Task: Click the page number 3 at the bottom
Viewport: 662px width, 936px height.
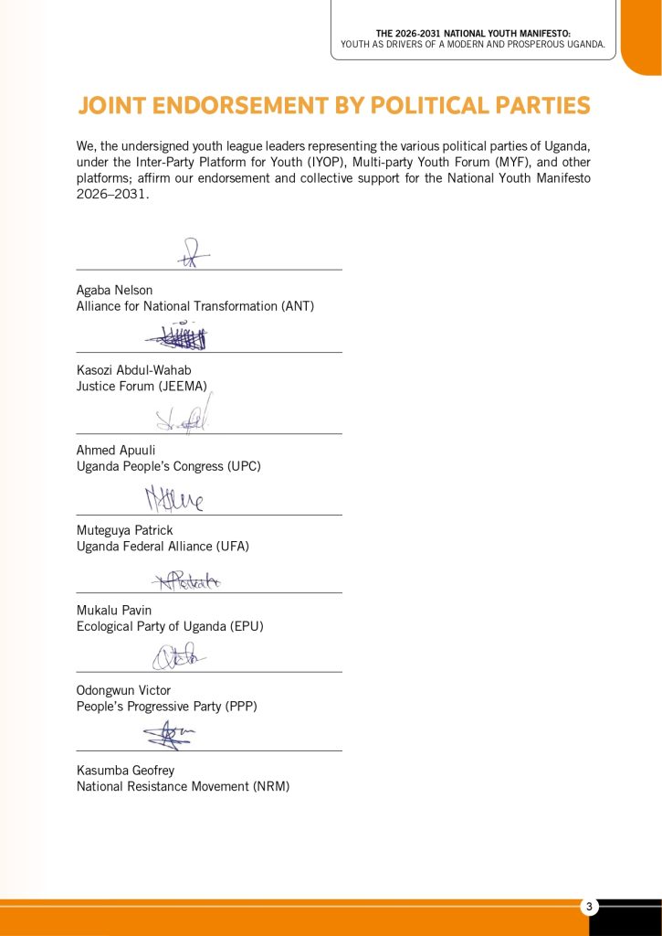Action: (590, 907)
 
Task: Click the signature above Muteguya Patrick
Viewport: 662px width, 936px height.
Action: (173, 499)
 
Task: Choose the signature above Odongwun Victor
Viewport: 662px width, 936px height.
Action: (178, 656)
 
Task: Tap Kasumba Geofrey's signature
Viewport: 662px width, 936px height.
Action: (168, 734)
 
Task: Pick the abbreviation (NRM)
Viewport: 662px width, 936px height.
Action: (271, 786)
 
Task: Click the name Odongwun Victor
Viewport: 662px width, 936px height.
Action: (123, 690)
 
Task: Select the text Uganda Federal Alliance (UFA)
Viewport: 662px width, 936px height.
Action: (163, 547)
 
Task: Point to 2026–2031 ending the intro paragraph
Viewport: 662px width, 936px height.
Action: (111, 195)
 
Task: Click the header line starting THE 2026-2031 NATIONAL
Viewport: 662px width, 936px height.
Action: (473, 33)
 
